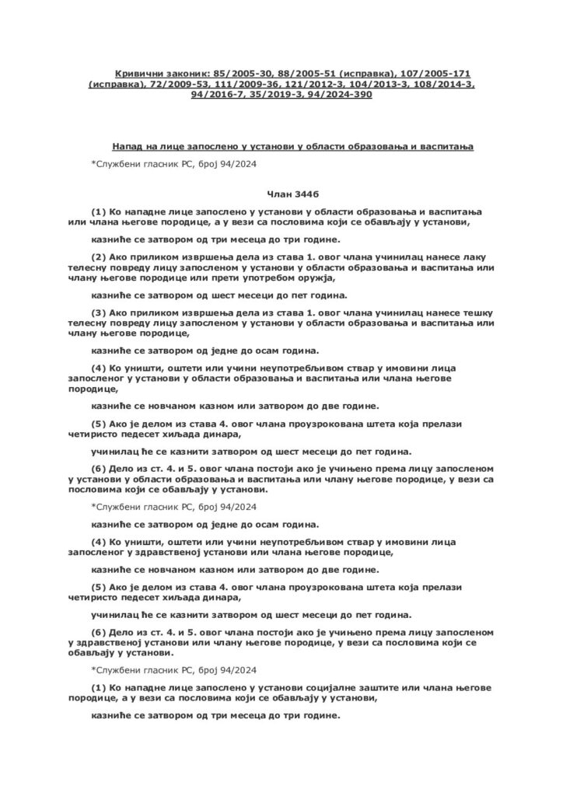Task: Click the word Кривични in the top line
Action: click(137, 71)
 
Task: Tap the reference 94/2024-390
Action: click(339, 94)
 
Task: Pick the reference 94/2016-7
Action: click(218, 94)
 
